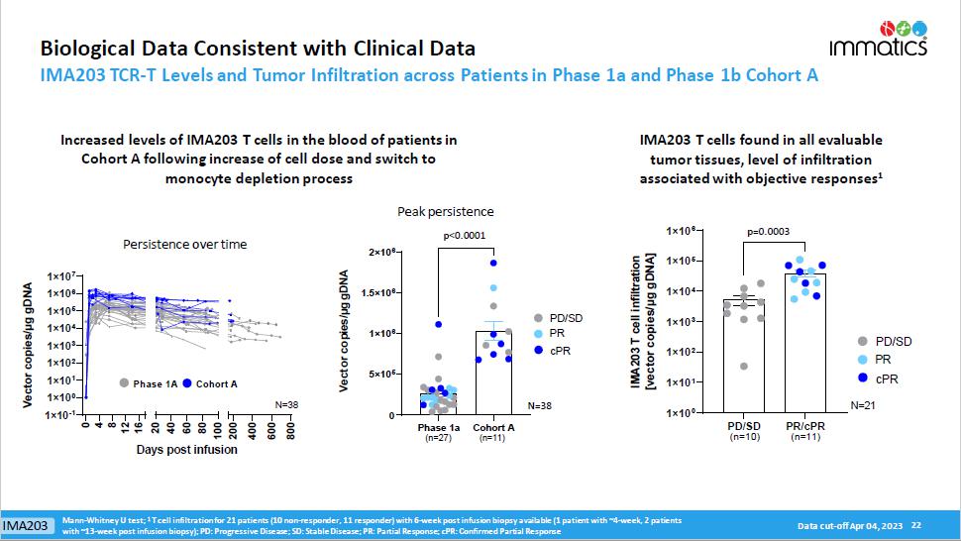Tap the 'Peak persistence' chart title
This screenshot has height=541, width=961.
446,211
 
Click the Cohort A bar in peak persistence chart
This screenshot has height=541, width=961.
492,372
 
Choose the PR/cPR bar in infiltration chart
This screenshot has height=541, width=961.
803,342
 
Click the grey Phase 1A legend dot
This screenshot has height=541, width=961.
124,382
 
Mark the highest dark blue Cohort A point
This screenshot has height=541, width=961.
492,263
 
